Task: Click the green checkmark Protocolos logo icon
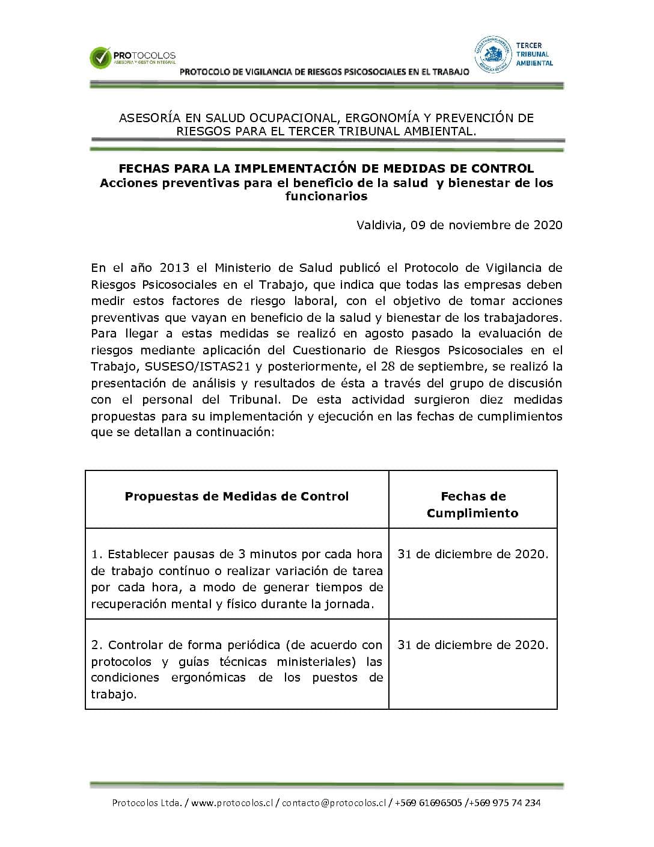pyautogui.click(x=100, y=58)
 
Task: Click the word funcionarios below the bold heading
pyautogui.click(x=326, y=196)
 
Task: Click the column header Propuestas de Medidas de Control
pyautogui.click(x=237, y=496)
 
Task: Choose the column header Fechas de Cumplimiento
pyautogui.click(x=472, y=505)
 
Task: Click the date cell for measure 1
pyautogui.click(x=472, y=554)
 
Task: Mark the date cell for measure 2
pyautogui.click(x=472, y=645)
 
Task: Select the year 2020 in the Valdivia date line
pyautogui.click(x=548, y=225)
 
